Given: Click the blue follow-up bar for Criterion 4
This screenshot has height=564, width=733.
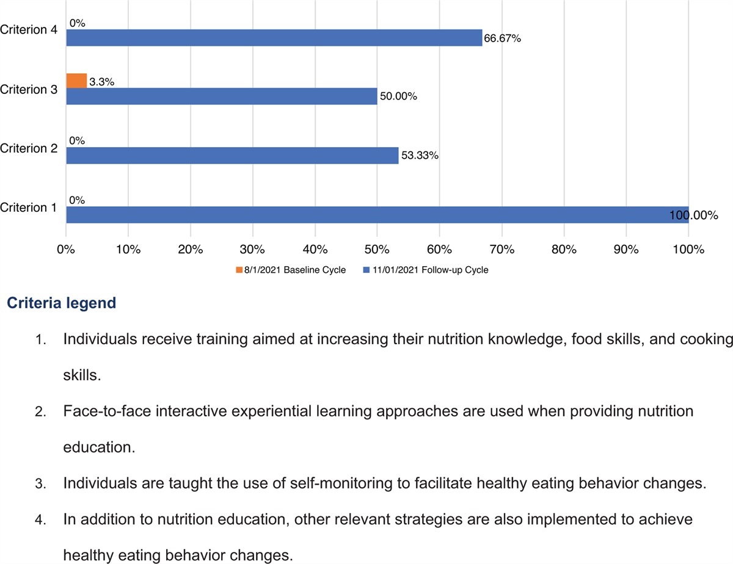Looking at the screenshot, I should click(274, 38).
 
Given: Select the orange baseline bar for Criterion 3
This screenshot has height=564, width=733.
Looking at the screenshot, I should click(76, 81).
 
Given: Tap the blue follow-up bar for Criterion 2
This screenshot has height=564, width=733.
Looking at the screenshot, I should click(232, 156).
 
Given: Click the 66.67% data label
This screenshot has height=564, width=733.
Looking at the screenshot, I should click(502, 38).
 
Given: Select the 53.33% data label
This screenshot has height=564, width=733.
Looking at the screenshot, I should click(420, 156).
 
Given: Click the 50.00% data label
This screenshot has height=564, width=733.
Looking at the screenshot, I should click(398, 96).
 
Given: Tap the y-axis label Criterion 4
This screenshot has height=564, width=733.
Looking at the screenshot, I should click(29, 29).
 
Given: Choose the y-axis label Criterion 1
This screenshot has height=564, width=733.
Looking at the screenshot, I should click(29, 208).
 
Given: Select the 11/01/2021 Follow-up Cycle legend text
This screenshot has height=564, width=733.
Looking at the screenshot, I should click(430, 270).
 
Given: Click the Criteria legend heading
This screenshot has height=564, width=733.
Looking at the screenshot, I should click(61, 303).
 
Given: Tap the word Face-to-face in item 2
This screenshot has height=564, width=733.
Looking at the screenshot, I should click(100, 411).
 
